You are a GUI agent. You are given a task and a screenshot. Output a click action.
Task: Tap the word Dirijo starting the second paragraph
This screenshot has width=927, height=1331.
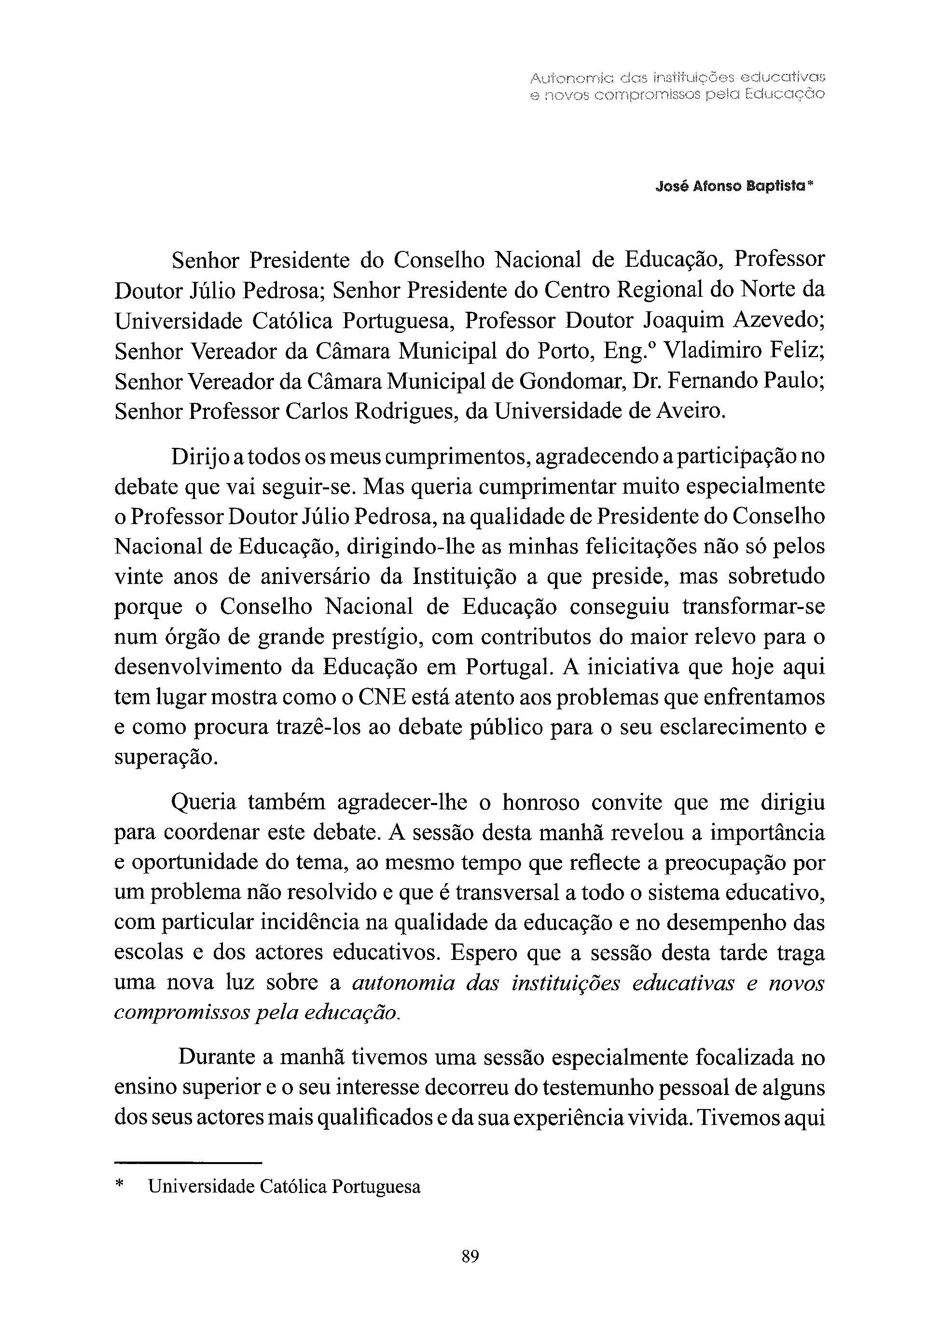pyautogui.click(x=200, y=458)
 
